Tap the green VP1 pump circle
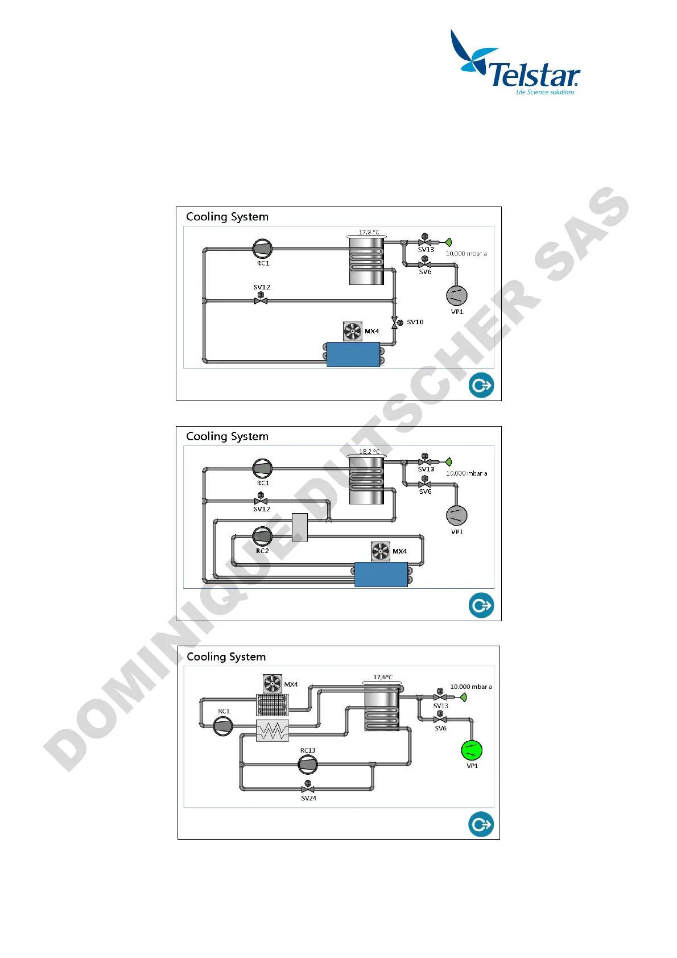472,750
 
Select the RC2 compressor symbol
262,536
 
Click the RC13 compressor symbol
308,765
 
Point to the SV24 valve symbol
308,788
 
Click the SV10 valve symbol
395,323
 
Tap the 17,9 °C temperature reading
369,232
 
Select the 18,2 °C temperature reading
369,452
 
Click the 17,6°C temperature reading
383,677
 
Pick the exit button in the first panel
481,385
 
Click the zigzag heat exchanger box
273,730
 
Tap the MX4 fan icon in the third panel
273,684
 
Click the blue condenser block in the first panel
353,354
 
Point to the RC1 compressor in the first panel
262,249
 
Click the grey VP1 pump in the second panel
456,515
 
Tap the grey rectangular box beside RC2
300,527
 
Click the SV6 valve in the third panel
440,719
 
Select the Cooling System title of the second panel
227,436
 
